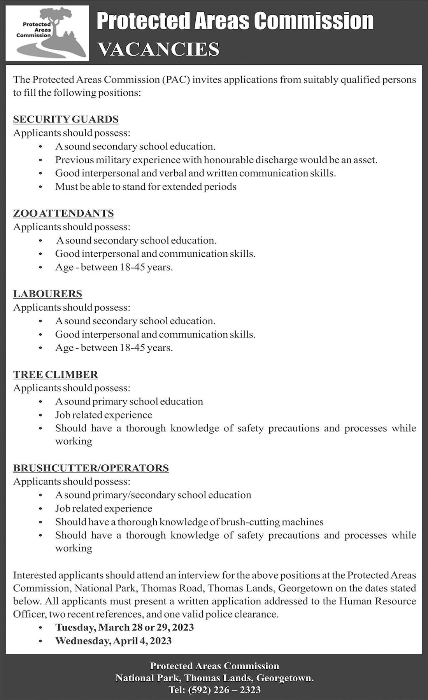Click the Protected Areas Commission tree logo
(47, 33)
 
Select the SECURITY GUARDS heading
(66, 119)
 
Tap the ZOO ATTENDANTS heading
(63, 213)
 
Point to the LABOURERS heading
(47, 294)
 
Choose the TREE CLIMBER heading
(56, 375)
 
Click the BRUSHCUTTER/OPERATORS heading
(91, 468)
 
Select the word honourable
(228, 160)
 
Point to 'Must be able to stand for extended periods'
(146, 187)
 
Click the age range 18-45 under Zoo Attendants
(132, 268)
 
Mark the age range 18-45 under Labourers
(132, 348)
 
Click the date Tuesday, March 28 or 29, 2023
(125, 628)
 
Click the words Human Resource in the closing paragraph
(377, 602)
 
